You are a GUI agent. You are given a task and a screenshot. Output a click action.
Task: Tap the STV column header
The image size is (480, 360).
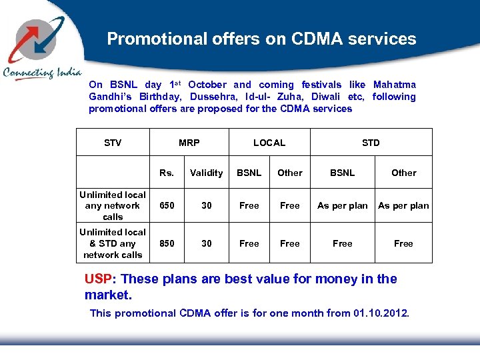coord(113,143)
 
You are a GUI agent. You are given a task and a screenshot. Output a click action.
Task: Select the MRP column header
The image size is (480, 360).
coord(189,143)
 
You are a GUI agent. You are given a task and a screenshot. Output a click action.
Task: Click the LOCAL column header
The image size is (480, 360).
coord(269,143)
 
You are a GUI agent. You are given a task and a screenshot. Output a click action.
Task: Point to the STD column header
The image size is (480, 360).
coord(371,143)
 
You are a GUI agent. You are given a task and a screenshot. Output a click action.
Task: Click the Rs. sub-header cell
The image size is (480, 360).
coord(167,173)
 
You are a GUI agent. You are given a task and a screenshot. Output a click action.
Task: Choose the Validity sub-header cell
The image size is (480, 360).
coord(206,173)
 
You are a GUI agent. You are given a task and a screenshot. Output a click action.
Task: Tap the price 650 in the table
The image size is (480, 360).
coord(167,205)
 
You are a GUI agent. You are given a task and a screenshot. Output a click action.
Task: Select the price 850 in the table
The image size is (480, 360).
coord(167,243)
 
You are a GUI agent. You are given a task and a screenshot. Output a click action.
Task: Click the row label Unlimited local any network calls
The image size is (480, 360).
coord(113,205)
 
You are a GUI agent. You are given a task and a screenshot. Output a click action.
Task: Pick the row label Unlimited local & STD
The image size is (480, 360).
coord(113,243)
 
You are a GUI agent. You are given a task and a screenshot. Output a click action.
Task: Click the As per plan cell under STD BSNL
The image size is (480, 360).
coord(342,205)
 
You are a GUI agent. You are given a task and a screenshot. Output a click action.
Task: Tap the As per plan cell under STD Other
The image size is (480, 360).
coord(403,205)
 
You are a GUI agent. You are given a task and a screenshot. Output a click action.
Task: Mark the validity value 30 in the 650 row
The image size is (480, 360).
coord(206,205)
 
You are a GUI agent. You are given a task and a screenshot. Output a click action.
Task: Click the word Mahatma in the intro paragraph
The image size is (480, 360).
coord(394,85)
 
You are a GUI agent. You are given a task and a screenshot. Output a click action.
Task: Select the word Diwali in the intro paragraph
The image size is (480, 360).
coord(326,97)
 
